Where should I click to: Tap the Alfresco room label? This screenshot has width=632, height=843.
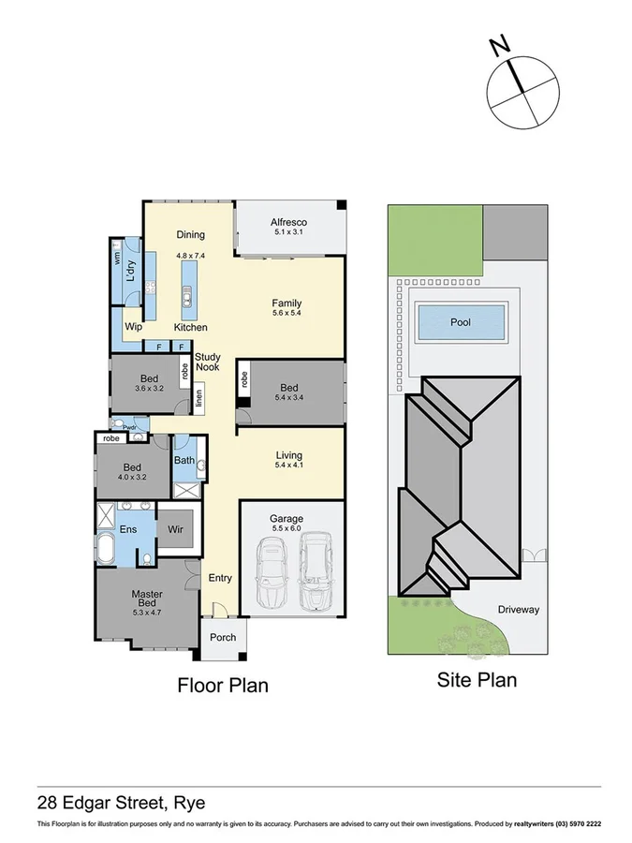point(289,222)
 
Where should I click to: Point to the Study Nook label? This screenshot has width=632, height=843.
point(207,362)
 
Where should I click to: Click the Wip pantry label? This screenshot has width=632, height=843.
point(133,327)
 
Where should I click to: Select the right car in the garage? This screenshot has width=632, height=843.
point(315,570)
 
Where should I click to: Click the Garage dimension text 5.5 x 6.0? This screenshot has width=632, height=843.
point(287,526)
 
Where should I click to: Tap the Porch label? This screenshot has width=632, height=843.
point(223,638)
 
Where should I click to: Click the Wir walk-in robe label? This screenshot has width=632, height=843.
point(174,529)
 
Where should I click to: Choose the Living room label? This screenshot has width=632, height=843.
point(287,455)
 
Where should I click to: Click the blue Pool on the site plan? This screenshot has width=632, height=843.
point(461,322)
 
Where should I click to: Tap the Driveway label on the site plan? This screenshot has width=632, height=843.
point(519,610)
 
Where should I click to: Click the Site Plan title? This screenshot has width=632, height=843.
point(477,680)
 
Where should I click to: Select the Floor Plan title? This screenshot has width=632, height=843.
point(223,685)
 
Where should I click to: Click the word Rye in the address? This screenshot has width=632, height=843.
point(186,802)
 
